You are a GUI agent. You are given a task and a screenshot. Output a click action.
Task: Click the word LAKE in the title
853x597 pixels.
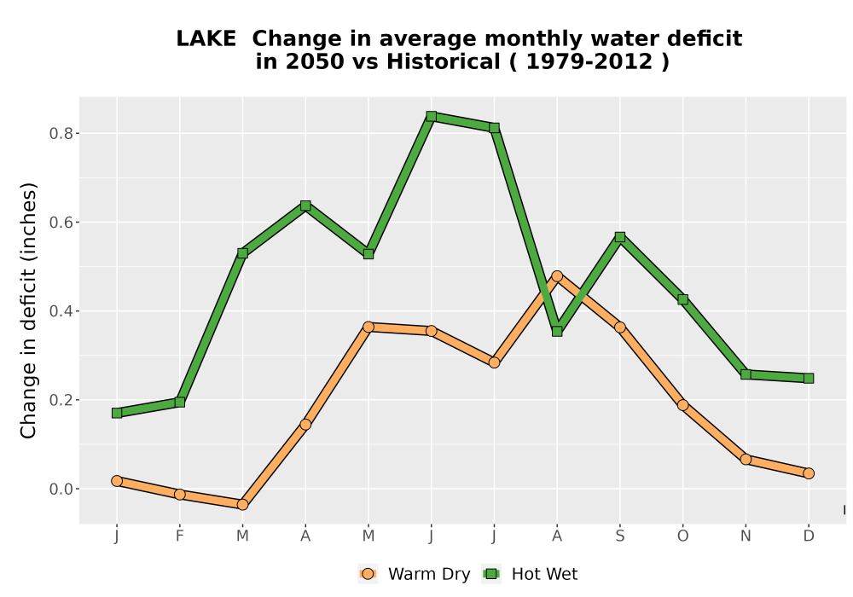pyautogui.click(x=206, y=38)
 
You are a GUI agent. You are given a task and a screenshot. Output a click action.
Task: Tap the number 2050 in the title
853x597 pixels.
pyautogui.click(x=315, y=61)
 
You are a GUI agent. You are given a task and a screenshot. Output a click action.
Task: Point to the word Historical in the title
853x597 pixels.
pyautogui.click(x=444, y=61)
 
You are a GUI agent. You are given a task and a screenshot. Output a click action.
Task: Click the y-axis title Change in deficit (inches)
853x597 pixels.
pyautogui.click(x=28, y=310)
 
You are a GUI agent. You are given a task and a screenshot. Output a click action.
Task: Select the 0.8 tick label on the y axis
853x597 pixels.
pyautogui.click(x=61, y=134)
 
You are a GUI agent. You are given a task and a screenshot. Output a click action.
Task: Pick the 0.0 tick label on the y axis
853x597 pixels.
pyautogui.click(x=61, y=490)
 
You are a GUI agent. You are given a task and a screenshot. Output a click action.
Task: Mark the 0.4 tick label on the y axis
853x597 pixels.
pyautogui.click(x=61, y=311)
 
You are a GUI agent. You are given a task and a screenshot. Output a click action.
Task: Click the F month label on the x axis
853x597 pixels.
pyautogui.click(x=179, y=536)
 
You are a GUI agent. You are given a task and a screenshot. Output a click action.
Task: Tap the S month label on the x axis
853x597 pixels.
pyautogui.click(x=619, y=536)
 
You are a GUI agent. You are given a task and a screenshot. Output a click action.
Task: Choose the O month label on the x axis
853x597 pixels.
pyautogui.click(x=682, y=536)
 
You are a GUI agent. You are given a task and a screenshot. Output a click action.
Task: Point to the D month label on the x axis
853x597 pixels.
pyautogui.click(x=809, y=536)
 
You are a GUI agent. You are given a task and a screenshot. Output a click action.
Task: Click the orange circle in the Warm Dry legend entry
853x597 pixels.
pyautogui.click(x=368, y=574)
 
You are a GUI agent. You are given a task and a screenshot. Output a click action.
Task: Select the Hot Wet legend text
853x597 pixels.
pyautogui.click(x=544, y=574)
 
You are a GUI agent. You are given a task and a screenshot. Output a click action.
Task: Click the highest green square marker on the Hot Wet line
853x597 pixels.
pyautogui.click(x=432, y=116)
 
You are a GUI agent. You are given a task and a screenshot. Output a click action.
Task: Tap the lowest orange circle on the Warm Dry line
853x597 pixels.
pyautogui.click(x=242, y=505)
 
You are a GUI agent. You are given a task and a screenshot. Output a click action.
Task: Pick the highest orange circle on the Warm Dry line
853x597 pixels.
pyautogui.click(x=557, y=276)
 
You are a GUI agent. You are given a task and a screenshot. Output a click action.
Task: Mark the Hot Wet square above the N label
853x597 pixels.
pyautogui.click(x=746, y=374)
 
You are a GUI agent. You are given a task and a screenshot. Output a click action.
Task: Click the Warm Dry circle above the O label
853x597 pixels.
pyautogui.click(x=682, y=405)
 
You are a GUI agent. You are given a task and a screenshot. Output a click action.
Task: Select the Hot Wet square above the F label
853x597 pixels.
pyautogui.click(x=179, y=403)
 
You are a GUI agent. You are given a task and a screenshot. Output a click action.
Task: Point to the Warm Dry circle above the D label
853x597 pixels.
pyautogui.click(x=809, y=473)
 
